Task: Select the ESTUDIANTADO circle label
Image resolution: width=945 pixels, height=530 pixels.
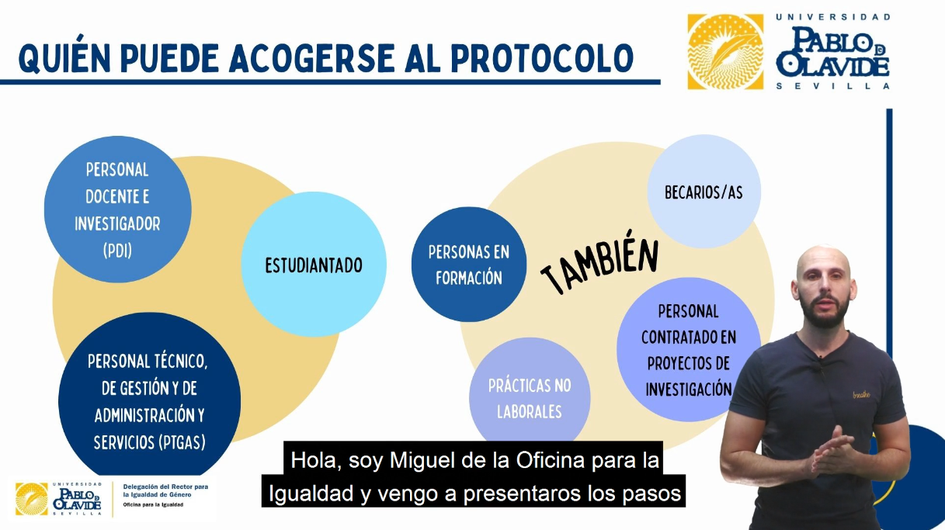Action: (314, 265)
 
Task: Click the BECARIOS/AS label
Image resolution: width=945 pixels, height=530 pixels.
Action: (704, 192)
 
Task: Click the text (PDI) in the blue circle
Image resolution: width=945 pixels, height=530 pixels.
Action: (117, 250)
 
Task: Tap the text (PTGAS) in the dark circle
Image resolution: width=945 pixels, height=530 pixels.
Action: (182, 442)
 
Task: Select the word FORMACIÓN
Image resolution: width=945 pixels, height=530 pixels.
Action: (469, 278)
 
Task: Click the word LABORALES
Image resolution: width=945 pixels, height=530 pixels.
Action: (529, 411)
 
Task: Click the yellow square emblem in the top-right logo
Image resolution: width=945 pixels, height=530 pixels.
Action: (725, 52)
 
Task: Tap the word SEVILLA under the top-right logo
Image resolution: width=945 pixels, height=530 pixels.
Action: (832, 86)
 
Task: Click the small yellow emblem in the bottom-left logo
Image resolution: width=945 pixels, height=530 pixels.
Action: (32, 499)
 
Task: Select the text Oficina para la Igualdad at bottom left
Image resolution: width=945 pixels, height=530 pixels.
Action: (153, 504)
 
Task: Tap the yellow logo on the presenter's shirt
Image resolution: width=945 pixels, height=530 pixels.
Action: (861, 395)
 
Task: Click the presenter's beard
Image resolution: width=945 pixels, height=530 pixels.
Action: (825, 313)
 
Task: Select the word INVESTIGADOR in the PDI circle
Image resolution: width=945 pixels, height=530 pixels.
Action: (117, 223)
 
